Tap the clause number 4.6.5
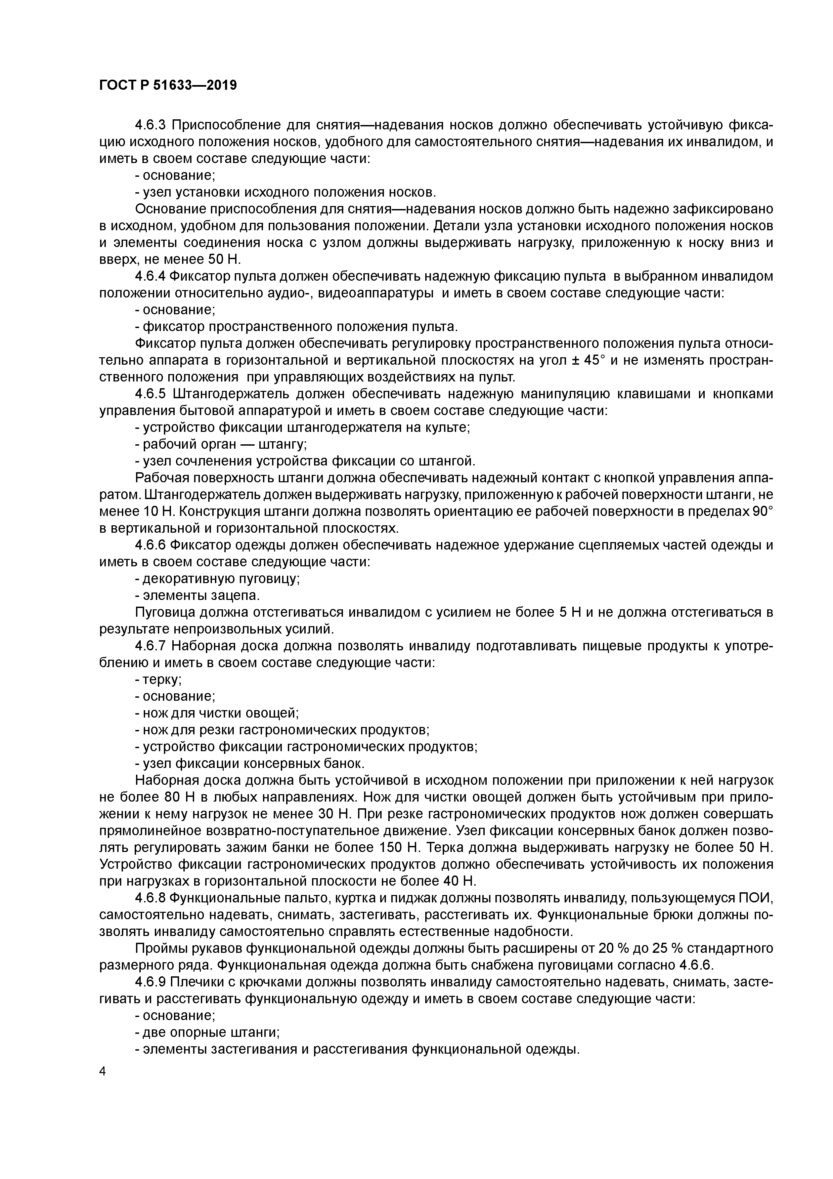click(150, 394)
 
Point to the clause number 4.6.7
click(150, 647)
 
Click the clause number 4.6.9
click(150, 983)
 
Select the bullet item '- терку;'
click(158, 680)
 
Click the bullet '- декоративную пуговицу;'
click(217, 579)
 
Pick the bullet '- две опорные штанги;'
click(207, 1033)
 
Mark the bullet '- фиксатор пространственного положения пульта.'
click(296, 327)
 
